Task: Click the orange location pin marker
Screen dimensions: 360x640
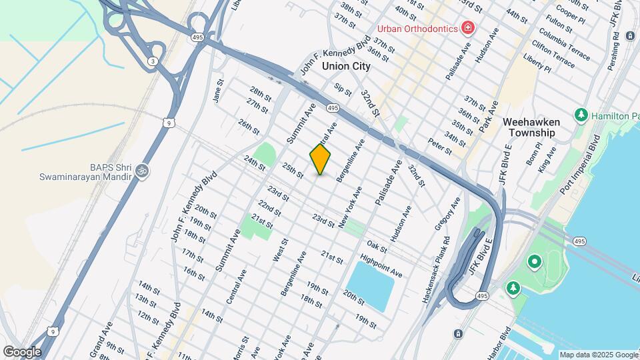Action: (320, 159)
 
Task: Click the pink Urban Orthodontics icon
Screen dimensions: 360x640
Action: (468, 28)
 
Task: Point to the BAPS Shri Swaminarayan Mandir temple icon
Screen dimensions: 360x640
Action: (141, 171)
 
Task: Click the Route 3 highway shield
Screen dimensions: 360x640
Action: (153, 61)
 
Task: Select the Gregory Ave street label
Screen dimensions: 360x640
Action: (447, 214)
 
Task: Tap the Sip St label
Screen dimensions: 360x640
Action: (343, 89)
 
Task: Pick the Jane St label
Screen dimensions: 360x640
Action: (217, 91)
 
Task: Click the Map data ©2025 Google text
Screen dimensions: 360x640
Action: (598, 355)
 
